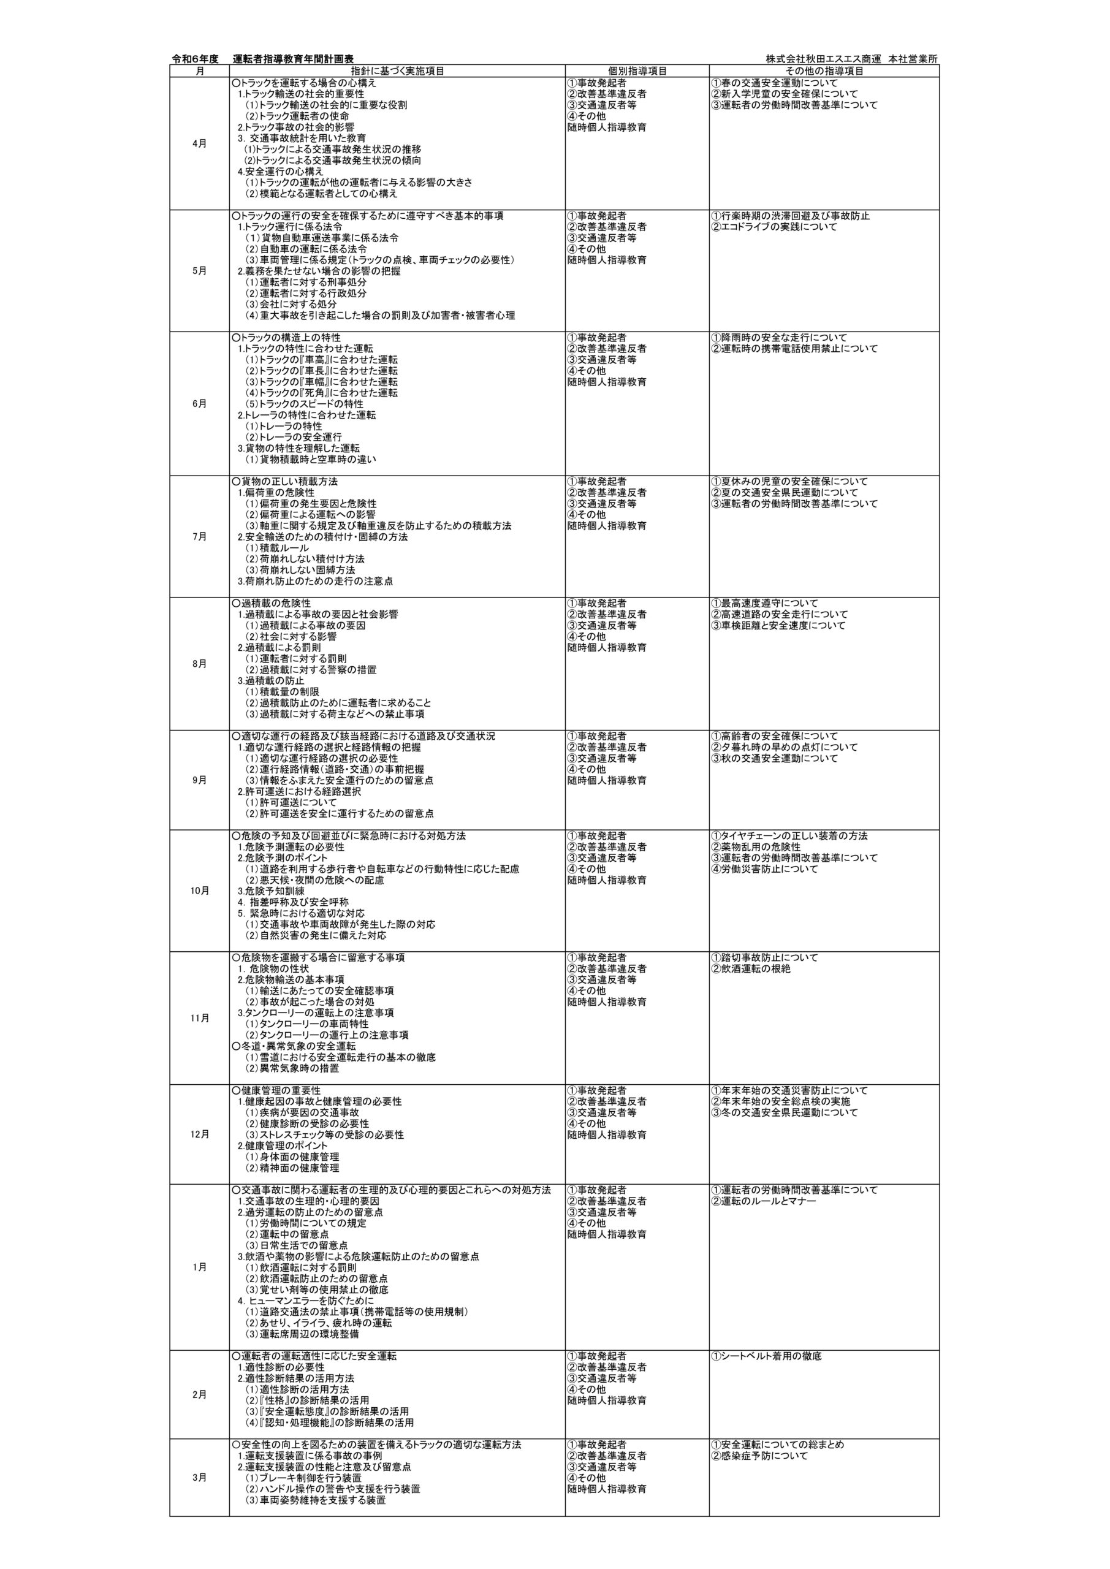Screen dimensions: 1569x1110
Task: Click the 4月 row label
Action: click(200, 143)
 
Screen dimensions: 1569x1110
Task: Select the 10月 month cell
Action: click(200, 891)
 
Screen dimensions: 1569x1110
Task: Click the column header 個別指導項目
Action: click(637, 70)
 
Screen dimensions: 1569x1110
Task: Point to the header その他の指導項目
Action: click(824, 70)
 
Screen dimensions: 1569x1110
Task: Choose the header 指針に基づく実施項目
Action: click(397, 70)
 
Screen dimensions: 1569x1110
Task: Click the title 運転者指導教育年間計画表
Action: click(293, 59)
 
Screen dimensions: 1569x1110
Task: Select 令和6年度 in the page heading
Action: click(195, 59)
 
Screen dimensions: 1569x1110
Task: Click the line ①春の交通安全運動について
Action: click(774, 83)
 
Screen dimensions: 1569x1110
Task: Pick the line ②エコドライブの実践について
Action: click(774, 227)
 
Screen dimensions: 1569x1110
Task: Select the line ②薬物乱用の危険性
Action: click(747, 846)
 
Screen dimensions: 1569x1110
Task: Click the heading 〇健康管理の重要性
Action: click(276, 1091)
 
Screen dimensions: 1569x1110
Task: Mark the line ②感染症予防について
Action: click(759, 1470)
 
